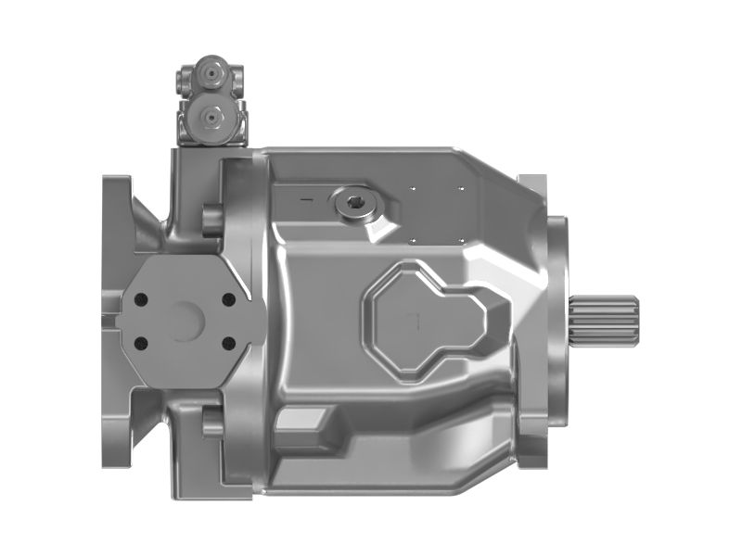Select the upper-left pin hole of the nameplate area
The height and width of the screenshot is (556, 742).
pyautogui.click(x=412, y=189)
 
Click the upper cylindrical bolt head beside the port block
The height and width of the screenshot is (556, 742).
pyautogui.click(x=211, y=221)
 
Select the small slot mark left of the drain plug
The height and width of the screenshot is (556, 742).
pyautogui.click(x=305, y=198)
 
